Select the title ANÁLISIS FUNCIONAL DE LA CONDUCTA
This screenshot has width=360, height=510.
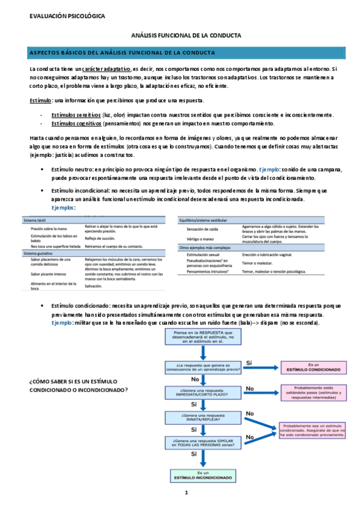[x=186, y=36]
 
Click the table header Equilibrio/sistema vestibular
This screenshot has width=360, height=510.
[x=208, y=221]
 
